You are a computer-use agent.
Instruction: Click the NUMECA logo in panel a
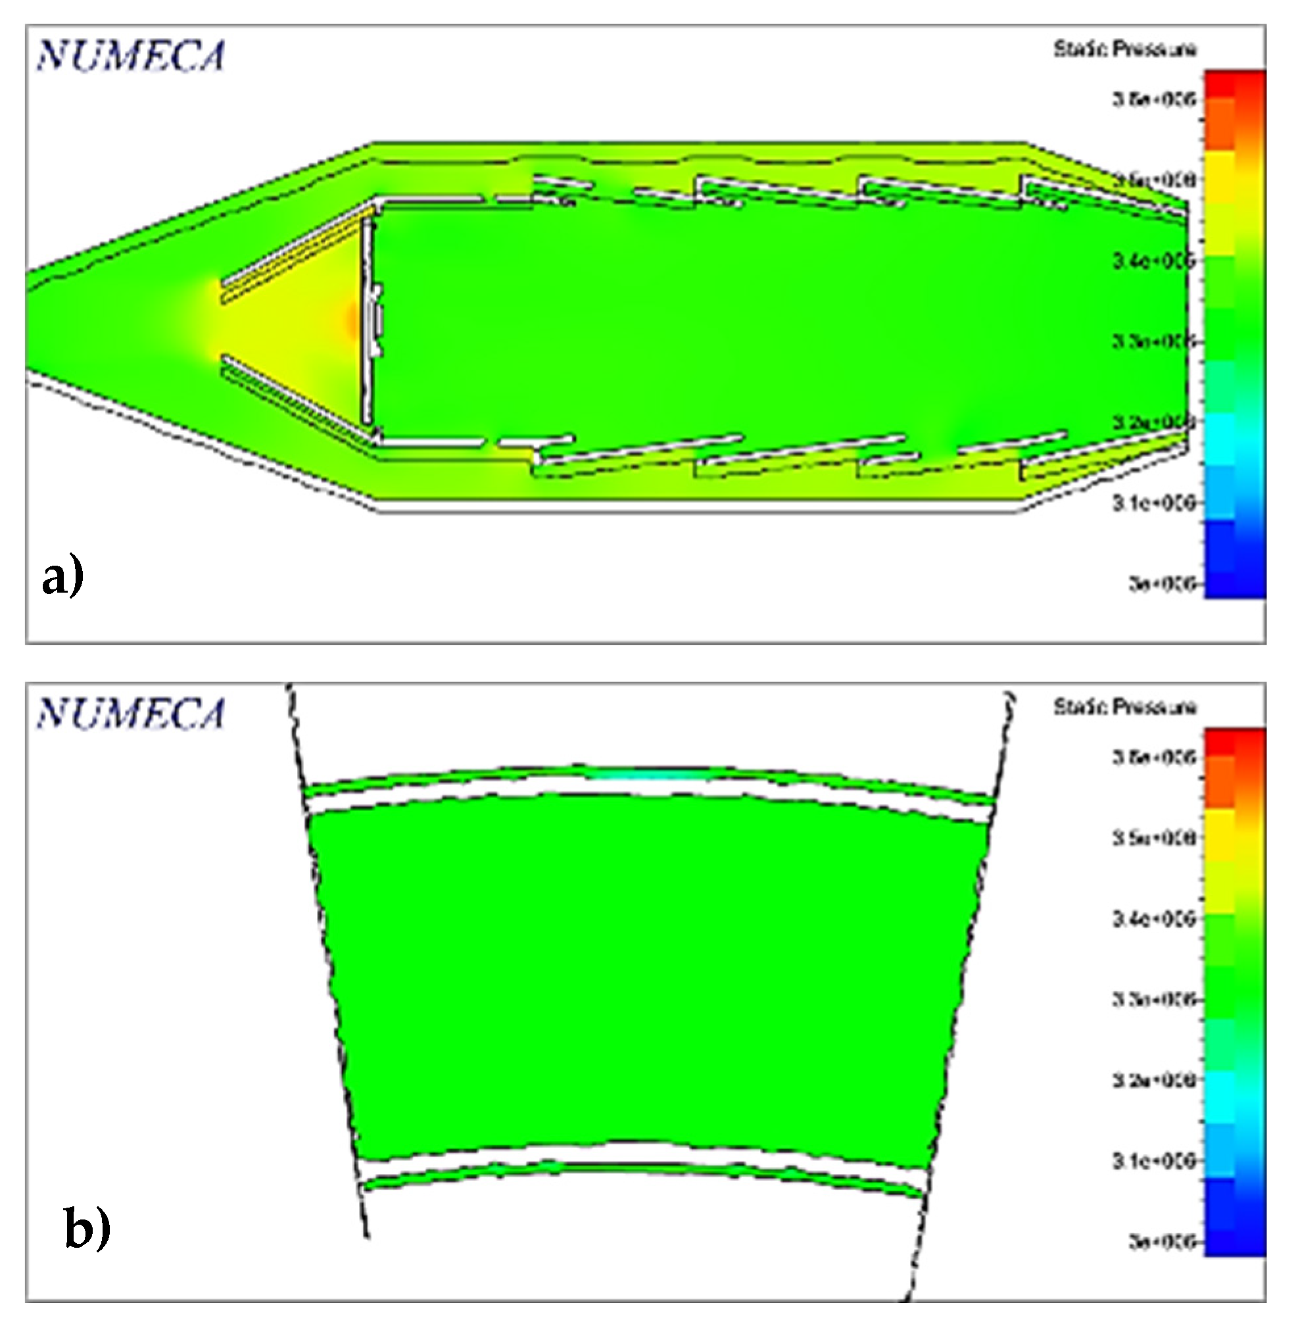pos(130,56)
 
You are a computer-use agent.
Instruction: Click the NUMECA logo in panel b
pos(130,714)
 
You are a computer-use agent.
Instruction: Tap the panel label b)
pos(87,1227)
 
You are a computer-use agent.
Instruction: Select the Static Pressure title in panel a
pos(1124,49)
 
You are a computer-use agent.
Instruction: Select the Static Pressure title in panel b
pos(1124,707)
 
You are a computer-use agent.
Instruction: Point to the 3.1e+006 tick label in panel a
pos(1153,503)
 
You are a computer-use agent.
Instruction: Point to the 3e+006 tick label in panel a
pos(1162,583)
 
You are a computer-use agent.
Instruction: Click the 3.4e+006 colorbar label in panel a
pos(1153,260)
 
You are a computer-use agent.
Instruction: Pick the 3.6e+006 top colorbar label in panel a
pos(1153,99)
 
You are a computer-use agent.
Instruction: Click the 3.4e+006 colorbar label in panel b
pos(1153,919)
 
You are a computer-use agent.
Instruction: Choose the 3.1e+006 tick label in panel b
pos(1153,1161)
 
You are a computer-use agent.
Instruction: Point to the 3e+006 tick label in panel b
pos(1162,1241)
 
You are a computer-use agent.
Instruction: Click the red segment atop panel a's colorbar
pos(1235,85)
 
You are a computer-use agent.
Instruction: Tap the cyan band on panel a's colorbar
pos(1235,439)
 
